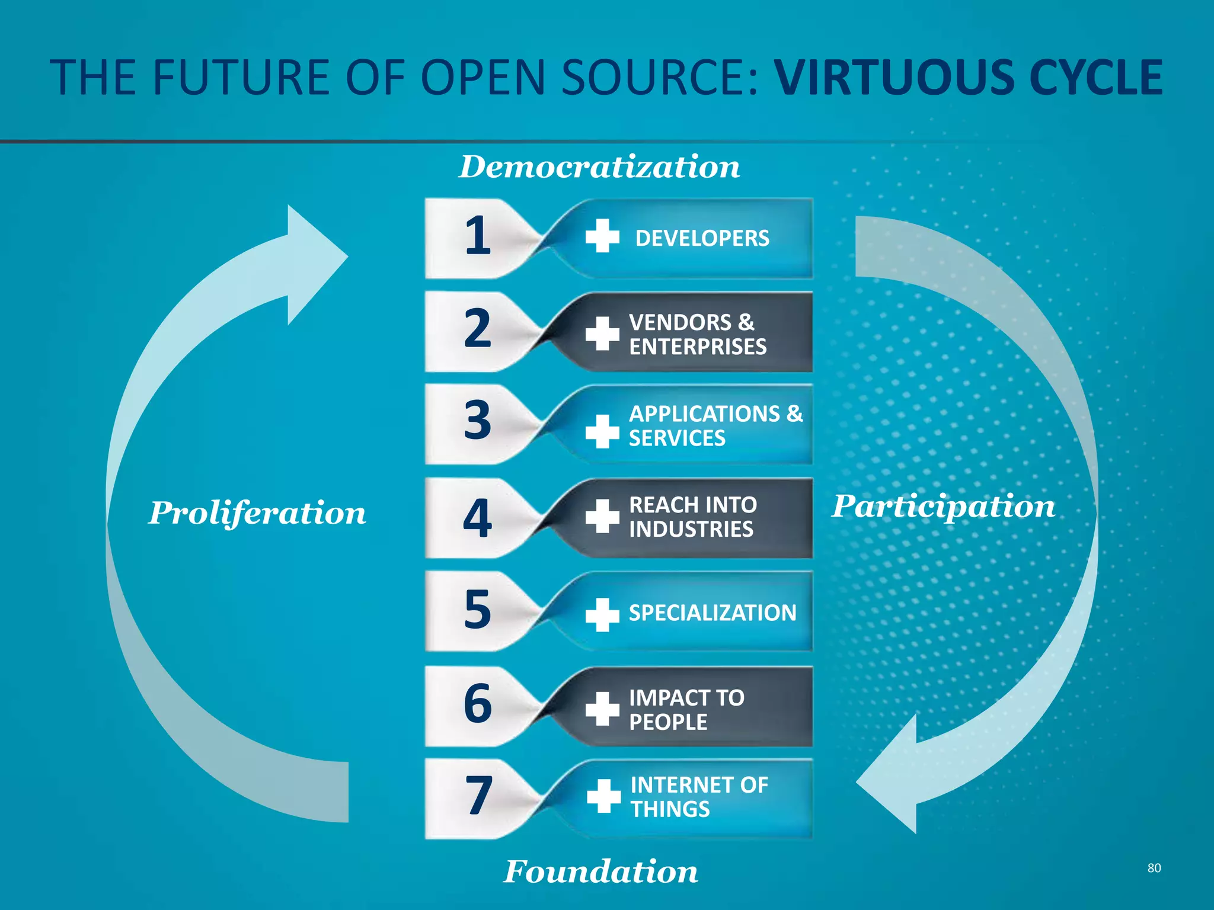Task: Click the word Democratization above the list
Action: [599, 166]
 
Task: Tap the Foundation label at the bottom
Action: [600, 871]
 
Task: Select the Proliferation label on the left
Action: [257, 512]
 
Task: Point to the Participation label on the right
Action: [943, 506]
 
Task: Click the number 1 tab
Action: [477, 236]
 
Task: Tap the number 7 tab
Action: [478, 796]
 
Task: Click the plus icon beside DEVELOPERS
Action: [602, 236]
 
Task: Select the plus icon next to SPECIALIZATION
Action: [602, 614]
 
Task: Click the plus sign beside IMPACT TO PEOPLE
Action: [602, 709]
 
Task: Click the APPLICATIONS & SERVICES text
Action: [715, 426]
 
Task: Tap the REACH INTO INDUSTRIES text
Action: [692, 517]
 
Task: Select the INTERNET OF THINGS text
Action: [699, 797]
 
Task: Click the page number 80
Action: [1154, 868]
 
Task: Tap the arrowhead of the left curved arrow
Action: [314, 263]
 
